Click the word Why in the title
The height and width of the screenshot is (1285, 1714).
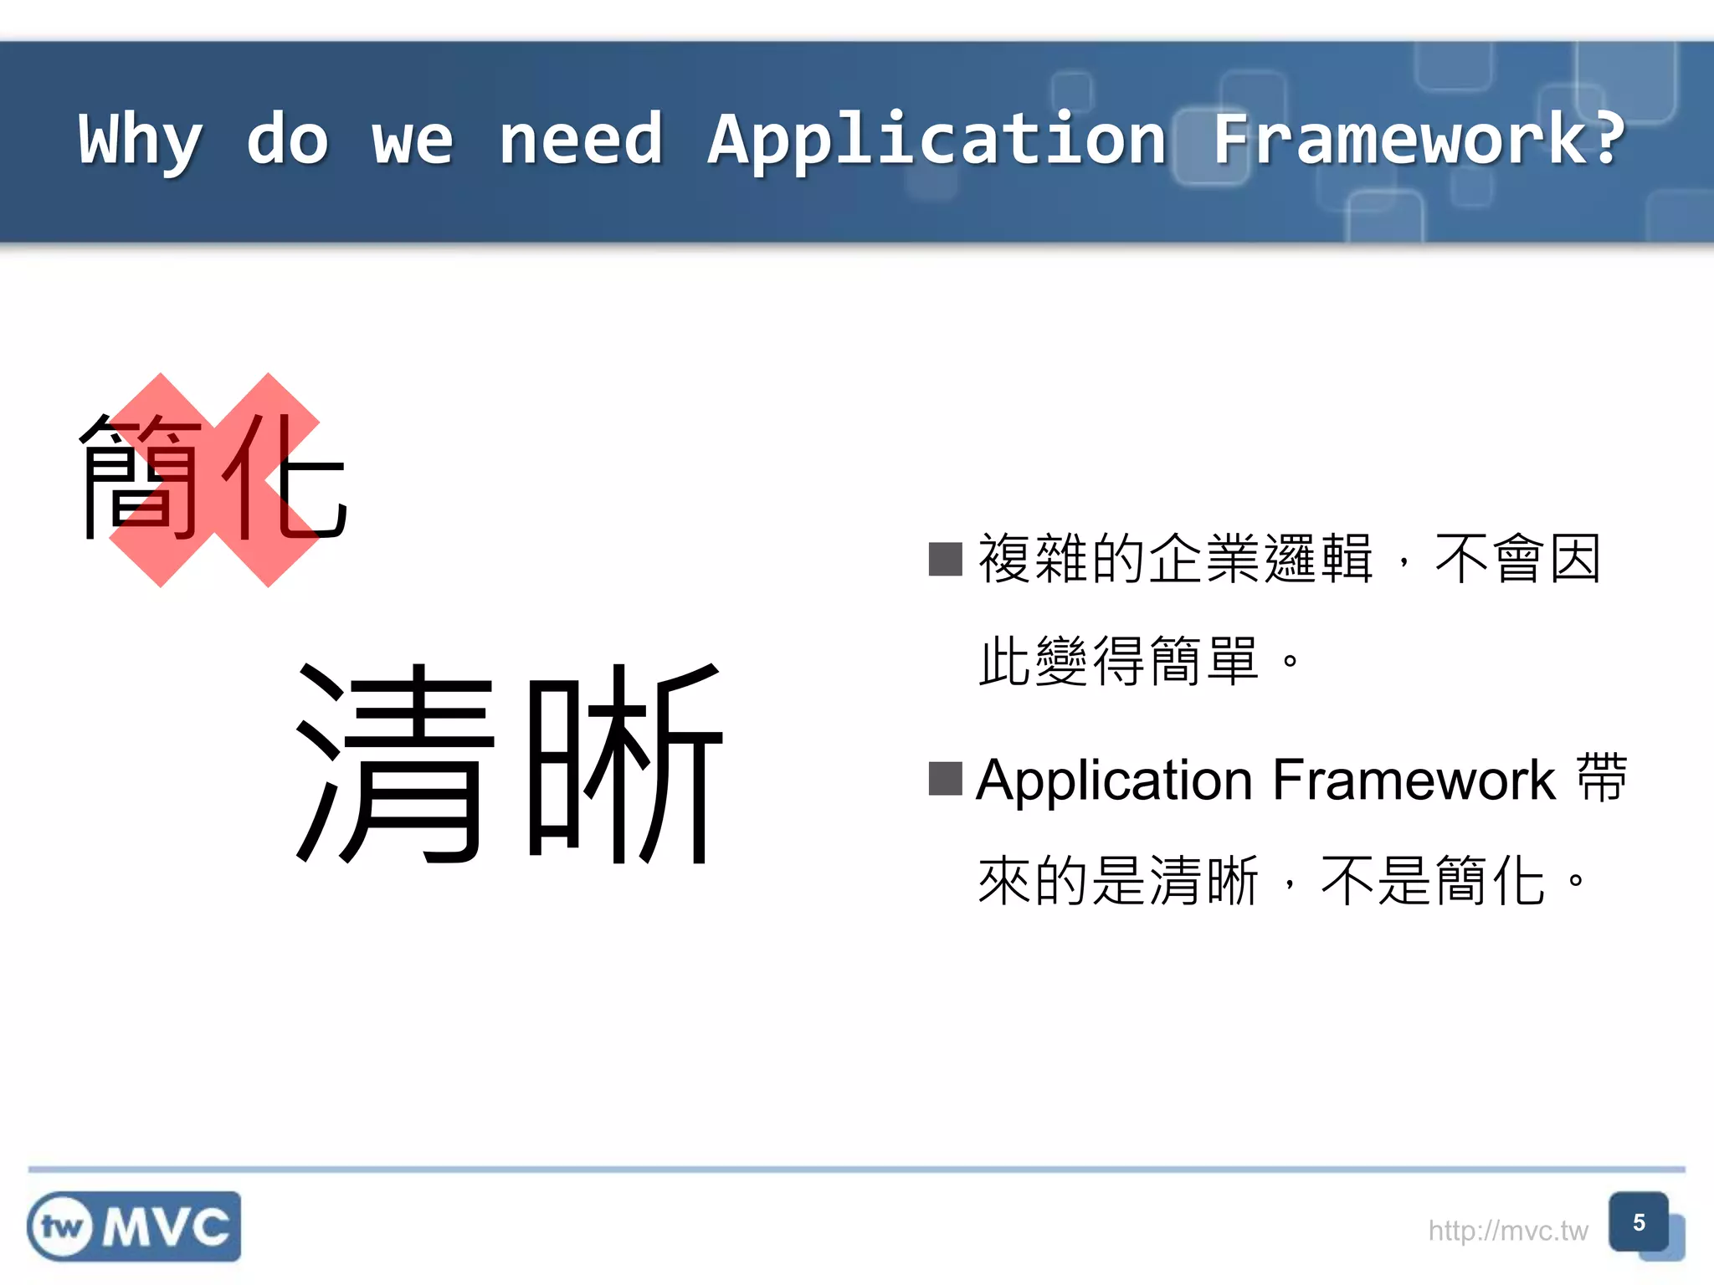click(141, 141)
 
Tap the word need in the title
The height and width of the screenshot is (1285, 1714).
click(581, 139)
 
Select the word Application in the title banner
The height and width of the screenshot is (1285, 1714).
click(937, 141)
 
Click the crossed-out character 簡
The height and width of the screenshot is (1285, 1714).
click(142, 477)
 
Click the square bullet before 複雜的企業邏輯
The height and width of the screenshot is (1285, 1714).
click(946, 559)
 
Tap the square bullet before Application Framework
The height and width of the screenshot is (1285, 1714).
click(946, 779)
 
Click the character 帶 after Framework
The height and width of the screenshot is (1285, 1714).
click(1602, 779)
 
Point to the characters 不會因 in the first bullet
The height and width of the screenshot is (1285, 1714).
click(1518, 559)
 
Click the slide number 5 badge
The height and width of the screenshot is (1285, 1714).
click(1639, 1223)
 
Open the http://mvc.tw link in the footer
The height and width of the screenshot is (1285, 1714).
click(1507, 1231)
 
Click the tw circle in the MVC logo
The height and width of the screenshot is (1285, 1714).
click(62, 1227)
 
